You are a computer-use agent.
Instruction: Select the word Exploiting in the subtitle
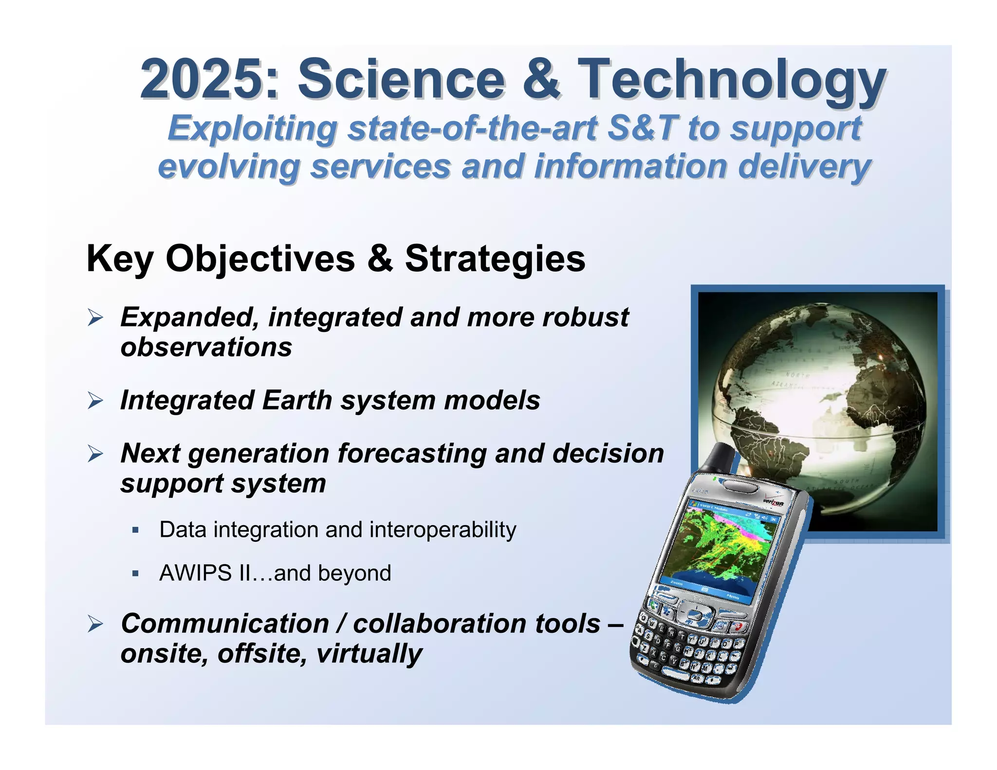click(253, 129)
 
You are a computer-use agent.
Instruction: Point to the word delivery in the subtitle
click(804, 166)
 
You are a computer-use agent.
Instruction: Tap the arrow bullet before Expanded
click(95, 318)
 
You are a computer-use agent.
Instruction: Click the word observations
click(206, 348)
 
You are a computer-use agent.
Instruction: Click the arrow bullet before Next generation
click(95, 455)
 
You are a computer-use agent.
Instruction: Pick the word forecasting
click(412, 454)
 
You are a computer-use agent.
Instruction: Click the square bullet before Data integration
click(136, 530)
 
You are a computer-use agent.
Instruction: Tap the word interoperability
click(443, 530)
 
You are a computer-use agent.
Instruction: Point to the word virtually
click(369, 653)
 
